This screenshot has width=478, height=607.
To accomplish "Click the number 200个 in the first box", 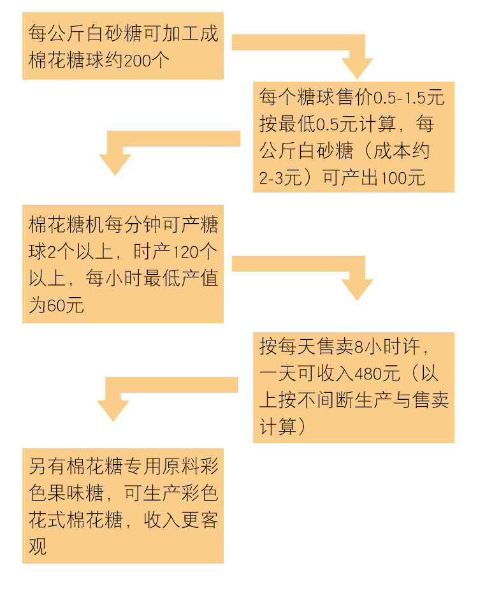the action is [x=147, y=61].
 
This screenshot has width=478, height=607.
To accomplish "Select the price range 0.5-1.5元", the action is [x=409, y=98].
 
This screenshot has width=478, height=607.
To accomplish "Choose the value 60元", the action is [x=65, y=305].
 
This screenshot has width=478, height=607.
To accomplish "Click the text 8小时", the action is [x=375, y=347].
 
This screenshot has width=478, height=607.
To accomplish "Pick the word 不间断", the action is [x=324, y=400].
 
